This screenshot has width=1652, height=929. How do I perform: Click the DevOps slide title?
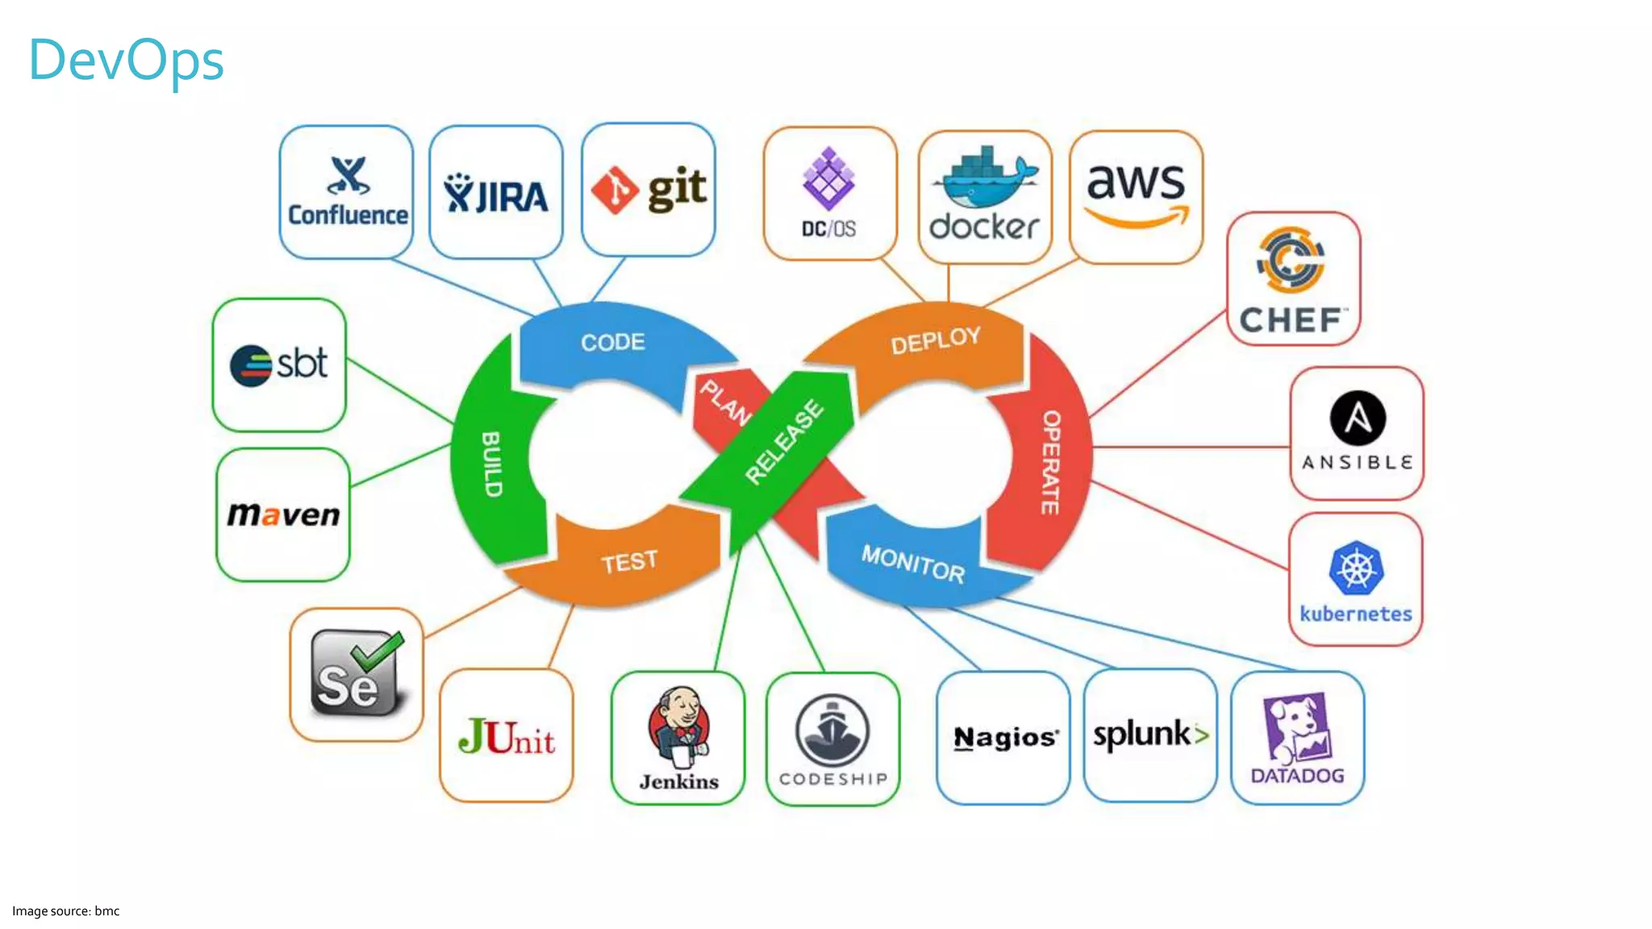[126, 60]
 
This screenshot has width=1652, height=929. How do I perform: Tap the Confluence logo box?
[347, 192]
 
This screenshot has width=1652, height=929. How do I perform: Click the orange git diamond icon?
[615, 190]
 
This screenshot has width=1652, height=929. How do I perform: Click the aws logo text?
[1136, 182]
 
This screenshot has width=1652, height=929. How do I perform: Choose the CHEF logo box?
[1293, 279]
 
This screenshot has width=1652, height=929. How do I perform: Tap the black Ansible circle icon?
[1358, 418]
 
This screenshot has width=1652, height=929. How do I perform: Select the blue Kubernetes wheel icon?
[1356, 568]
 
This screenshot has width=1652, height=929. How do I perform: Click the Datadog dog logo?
[1296, 728]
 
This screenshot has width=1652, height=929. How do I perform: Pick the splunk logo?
[1150, 735]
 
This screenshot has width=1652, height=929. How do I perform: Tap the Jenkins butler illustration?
[679, 725]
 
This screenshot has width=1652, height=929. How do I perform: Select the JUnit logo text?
[507, 737]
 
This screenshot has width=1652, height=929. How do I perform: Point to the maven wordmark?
[283, 514]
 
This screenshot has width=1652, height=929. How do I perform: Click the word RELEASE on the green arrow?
[783, 442]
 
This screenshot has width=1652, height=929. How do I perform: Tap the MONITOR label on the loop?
[912, 563]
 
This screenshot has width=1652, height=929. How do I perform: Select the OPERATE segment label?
[1050, 462]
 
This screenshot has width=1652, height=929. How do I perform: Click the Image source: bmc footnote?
[65, 911]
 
